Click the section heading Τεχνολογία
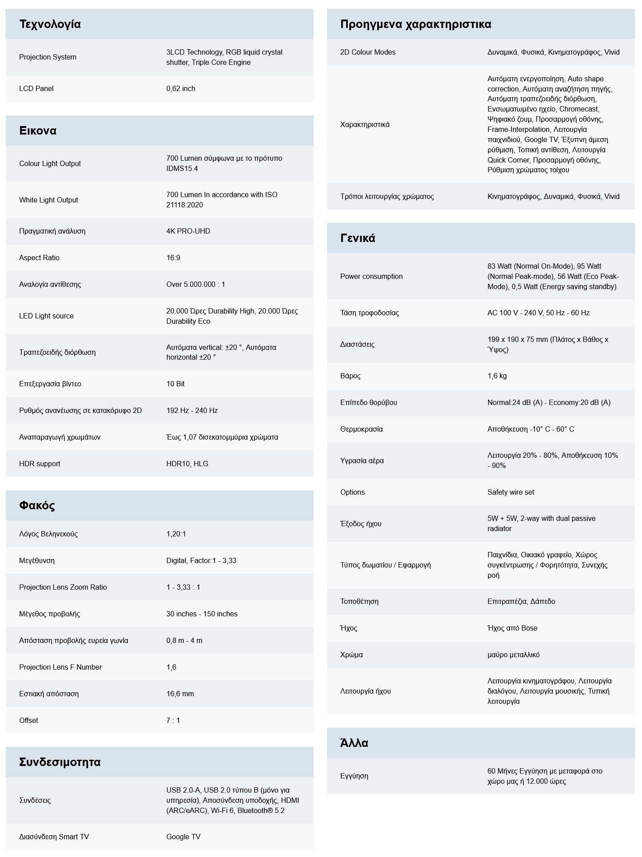tap(50, 24)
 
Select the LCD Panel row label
tap(36, 88)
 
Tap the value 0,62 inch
tap(180, 88)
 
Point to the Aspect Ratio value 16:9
tap(173, 258)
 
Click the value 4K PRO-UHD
tap(188, 231)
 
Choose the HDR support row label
tap(40, 464)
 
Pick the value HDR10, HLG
tap(187, 464)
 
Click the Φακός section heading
tap(37, 505)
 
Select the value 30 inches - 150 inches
tap(202, 614)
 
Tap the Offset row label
tap(28, 720)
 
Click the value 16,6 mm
tap(180, 694)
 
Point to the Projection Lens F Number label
tap(60, 667)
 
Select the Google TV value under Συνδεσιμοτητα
tap(183, 837)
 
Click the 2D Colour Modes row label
tap(367, 52)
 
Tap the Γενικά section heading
tap(357, 238)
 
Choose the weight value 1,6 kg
tap(497, 376)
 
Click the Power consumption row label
tap(371, 276)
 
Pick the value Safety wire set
tap(510, 492)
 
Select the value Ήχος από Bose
tap(512, 628)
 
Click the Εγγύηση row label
tap(354, 776)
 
